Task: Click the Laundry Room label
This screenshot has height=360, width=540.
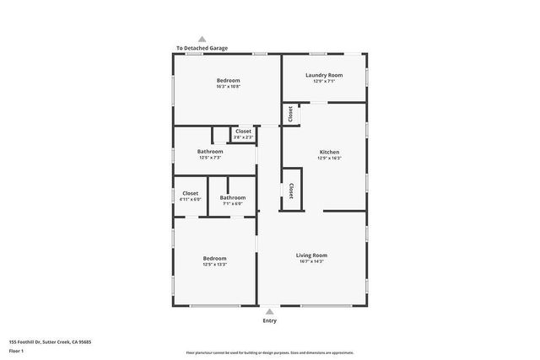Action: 324,75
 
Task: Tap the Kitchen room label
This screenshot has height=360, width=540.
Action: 329,153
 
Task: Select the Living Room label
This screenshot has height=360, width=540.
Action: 311,255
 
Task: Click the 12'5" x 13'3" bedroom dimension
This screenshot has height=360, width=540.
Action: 214,265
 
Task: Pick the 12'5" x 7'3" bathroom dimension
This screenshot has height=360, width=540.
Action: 210,158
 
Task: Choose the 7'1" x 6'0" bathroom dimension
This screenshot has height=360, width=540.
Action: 233,203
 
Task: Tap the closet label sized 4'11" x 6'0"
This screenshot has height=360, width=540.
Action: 191,199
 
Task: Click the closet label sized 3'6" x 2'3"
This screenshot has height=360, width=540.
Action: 243,137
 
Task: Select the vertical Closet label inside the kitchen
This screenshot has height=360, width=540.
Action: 291,191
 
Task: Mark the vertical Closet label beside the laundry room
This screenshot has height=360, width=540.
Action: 289,114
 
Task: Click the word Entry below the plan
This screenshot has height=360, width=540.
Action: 269,320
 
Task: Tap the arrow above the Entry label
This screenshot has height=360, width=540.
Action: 269,311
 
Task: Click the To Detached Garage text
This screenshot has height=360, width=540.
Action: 202,48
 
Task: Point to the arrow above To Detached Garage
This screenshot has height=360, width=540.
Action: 202,39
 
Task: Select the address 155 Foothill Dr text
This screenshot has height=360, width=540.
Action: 50,341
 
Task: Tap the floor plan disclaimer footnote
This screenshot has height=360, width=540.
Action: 269,352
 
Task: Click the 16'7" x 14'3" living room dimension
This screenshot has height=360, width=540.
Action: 311,261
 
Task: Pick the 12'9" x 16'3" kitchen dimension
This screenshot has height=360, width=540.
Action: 329,159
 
